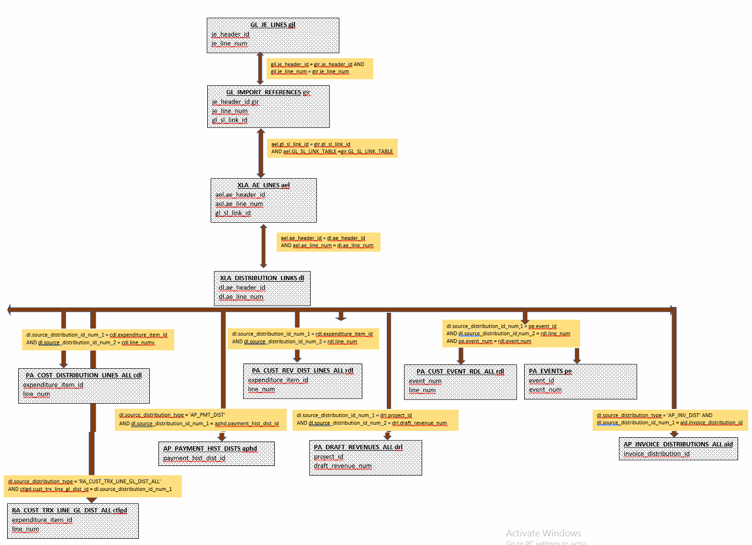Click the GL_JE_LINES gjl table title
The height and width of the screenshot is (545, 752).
272,25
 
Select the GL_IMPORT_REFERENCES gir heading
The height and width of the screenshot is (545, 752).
268,92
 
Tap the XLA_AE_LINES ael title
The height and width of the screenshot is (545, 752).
263,185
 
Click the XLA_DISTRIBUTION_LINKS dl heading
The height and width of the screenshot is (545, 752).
262,278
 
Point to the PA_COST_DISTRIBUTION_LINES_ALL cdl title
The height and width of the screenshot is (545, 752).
84,375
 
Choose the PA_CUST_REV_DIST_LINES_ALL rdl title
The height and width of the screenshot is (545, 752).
303,371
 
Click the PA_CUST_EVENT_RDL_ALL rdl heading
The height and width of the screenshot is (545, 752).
460,372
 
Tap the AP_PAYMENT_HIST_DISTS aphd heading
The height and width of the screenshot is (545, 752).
210,449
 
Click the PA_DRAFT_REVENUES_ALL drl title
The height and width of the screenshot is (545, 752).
358,447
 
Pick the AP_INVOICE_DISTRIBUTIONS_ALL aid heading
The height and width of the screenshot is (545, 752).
678,444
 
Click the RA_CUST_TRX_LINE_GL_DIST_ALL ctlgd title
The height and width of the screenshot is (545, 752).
69,511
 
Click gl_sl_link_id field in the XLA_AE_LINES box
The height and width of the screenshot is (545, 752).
233,213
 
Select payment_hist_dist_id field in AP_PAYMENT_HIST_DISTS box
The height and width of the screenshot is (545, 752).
194,458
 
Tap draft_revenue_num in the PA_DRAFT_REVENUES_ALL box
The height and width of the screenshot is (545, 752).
343,466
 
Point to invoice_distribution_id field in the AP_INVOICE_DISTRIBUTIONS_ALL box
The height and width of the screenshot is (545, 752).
657,454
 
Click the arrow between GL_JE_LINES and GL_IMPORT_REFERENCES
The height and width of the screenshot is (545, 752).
260,68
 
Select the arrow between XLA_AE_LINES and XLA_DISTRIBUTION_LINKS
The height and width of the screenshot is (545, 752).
263,246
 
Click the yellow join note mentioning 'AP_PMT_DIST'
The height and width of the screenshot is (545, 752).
201,420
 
